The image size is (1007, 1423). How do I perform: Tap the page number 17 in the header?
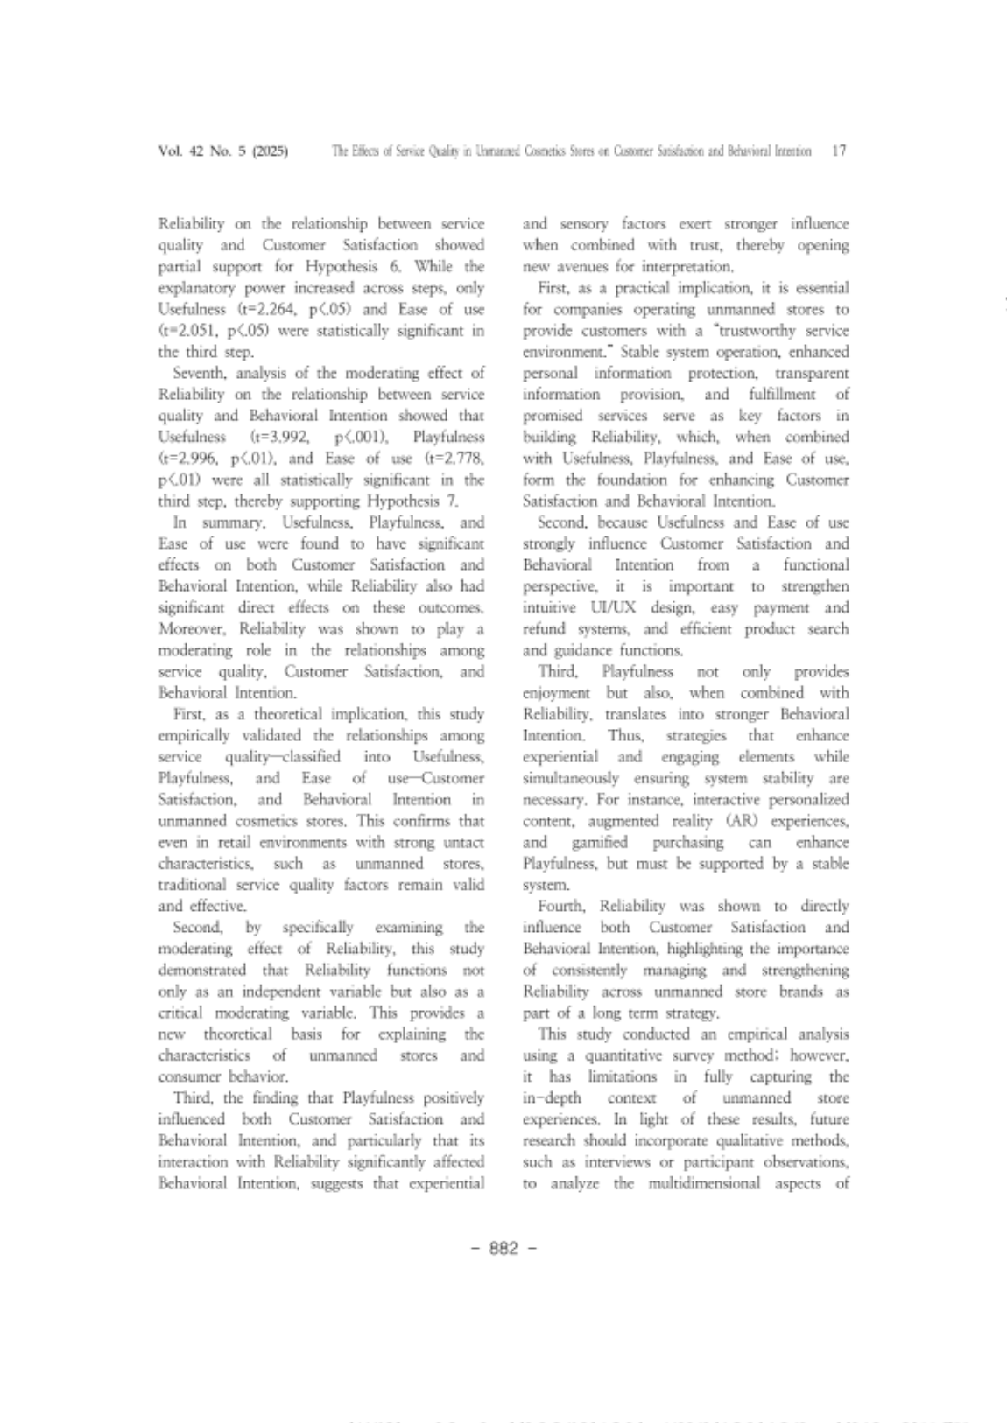(x=839, y=151)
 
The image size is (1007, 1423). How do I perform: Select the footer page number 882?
(x=503, y=1248)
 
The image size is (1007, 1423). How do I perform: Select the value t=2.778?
(x=455, y=459)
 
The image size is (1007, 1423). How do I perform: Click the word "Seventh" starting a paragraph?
(x=200, y=373)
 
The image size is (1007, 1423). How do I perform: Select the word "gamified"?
(x=600, y=843)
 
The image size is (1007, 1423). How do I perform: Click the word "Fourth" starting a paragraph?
(x=562, y=907)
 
